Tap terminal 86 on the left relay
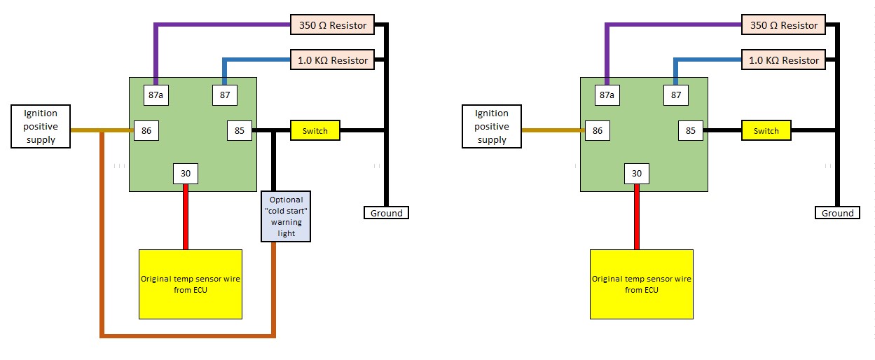pyautogui.click(x=146, y=130)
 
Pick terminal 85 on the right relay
pyautogui.click(x=691, y=130)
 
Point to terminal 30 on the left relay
pyautogui.click(x=185, y=174)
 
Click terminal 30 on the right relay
pyautogui.click(x=636, y=174)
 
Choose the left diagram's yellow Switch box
pyautogui.click(x=315, y=131)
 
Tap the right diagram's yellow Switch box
pyautogui.click(x=766, y=131)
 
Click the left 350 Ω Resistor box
pyautogui.click(x=332, y=25)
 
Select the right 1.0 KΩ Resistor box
pyautogui.click(x=783, y=60)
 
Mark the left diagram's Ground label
pyautogui.click(x=386, y=213)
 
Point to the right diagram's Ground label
pyautogui.click(x=837, y=213)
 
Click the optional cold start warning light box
pyautogui.click(x=286, y=216)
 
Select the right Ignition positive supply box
pyautogui.click(x=492, y=127)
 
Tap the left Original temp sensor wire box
pyautogui.click(x=190, y=284)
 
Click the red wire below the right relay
pyautogui.click(x=636, y=217)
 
